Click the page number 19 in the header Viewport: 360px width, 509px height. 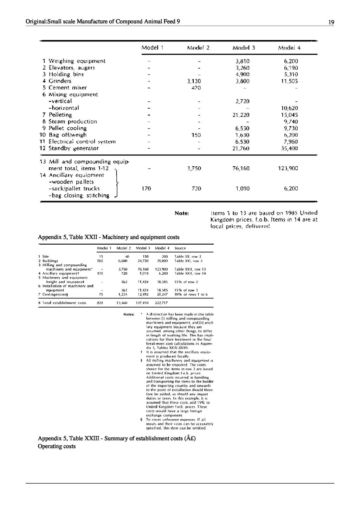[331, 22]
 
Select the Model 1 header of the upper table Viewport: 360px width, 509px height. [153, 47]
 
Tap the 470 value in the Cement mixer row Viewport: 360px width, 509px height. [196, 88]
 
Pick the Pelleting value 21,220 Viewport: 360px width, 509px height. [241, 115]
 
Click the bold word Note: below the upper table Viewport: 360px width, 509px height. [182, 213]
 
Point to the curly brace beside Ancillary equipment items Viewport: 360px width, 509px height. [117, 182]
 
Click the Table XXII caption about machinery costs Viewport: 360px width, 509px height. [109, 237]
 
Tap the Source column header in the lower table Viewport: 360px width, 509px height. [180, 248]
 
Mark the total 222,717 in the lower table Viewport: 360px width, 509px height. [162, 303]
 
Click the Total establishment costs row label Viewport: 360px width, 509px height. [62, 303]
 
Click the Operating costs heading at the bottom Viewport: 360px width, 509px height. [57, 446]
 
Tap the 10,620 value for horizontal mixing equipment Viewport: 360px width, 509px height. [290, 108]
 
